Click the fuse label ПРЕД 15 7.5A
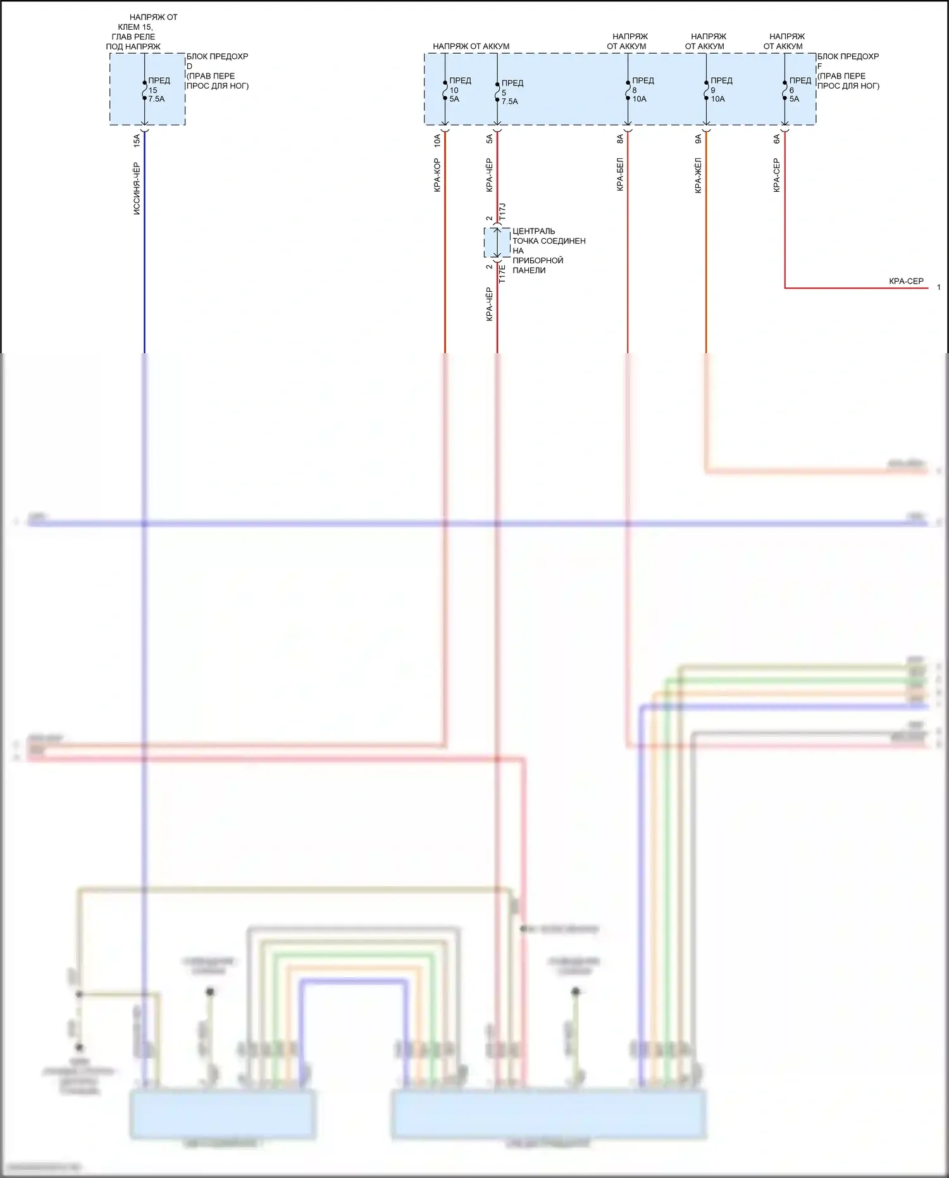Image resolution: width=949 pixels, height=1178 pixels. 158,90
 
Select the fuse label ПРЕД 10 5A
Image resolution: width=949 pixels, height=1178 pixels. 459,90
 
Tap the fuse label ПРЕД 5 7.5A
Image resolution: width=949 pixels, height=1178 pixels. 511,92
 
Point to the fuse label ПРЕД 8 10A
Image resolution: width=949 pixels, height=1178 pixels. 642,90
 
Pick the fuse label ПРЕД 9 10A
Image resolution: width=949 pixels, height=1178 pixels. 721,90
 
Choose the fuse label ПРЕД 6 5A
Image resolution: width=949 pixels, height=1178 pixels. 799,90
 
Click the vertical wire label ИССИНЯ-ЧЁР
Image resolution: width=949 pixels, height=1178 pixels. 137,189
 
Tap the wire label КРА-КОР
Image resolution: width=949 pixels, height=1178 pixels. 437,175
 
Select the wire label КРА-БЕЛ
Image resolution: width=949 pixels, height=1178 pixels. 620,174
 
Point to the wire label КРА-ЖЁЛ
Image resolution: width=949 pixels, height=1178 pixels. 698,175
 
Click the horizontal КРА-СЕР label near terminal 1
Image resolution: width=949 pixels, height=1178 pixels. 906,281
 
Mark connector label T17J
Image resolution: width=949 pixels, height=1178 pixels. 502,211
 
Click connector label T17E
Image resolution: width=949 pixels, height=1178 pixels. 502,273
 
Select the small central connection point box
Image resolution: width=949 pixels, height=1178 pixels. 497,243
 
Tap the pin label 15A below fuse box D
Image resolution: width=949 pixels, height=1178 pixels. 137,140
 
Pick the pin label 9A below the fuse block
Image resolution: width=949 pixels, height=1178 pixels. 698,139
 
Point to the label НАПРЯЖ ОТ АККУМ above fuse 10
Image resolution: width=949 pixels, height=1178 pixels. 471,46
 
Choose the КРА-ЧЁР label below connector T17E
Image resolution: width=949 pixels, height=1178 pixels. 489,304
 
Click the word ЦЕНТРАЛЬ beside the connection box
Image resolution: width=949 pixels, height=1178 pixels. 533,231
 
